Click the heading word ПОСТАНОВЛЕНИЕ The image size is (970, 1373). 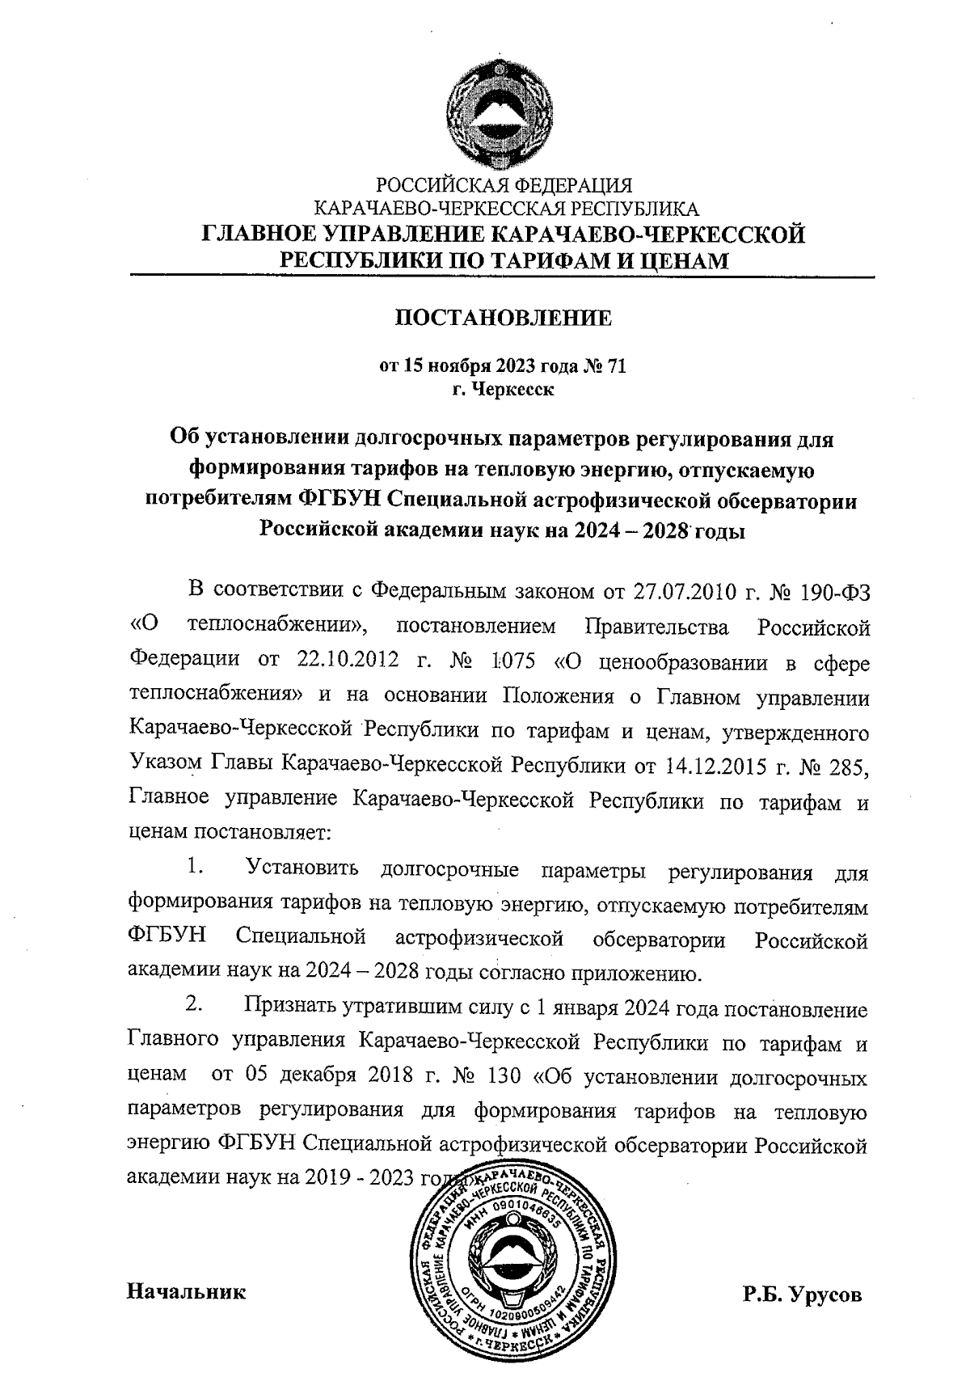502,318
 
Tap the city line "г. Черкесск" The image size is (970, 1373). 503,391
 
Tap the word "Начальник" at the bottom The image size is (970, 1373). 187,1291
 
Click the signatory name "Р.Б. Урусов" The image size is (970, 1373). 803,1294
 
